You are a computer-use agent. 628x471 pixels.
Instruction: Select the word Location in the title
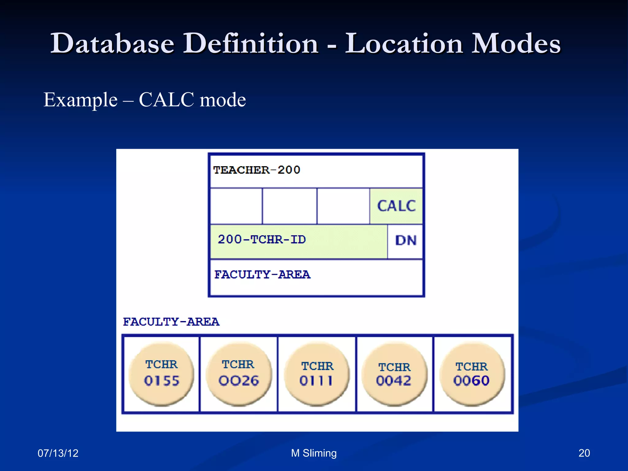[404, 44]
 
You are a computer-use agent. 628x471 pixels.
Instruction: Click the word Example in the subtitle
[80, 100]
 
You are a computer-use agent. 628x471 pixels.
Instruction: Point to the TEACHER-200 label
[256, 170]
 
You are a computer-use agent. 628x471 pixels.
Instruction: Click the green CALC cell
[396, 206]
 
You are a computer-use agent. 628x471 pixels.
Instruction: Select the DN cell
[405, 241]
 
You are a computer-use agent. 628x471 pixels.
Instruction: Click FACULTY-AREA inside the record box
[262, 274]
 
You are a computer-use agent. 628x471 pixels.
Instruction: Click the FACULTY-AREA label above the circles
[171, 322]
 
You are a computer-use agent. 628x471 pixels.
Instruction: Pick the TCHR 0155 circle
[161, 374]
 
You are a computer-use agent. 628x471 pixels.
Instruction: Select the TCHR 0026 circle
[239, 374]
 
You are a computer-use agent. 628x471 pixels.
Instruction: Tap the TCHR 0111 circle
[317, 374]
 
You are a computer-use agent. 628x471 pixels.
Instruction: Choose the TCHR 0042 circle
[394, 374]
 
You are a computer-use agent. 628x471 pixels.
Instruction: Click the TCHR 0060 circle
[472, 374]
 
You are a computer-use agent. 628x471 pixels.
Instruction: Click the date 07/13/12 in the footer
[58, 453]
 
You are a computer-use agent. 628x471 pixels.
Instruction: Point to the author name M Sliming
[314, 453]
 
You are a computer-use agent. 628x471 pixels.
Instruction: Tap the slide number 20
[584, 453]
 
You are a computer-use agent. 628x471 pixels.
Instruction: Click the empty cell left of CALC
[343, 206]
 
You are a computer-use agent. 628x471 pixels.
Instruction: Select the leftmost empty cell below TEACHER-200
[236, 206]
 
